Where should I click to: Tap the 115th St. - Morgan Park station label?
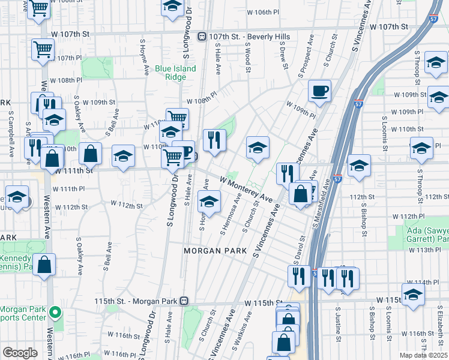tap(138, 301)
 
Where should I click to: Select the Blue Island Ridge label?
tap(175, 73)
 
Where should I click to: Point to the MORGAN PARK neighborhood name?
tap(212, 250)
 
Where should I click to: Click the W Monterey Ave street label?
tap(246, 189)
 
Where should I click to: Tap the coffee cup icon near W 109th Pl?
tap(319, 91)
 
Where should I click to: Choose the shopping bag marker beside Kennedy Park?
tap(44, 265)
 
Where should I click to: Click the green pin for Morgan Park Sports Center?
tap(55, 312)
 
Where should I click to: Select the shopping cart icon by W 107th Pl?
tap(43, 50)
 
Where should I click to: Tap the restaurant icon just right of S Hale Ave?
tap(214, 140)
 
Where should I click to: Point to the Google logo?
tap(20, 352)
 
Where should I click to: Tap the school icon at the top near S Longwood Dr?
tap(172, 7)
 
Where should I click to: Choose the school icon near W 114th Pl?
tap(413, 295)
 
